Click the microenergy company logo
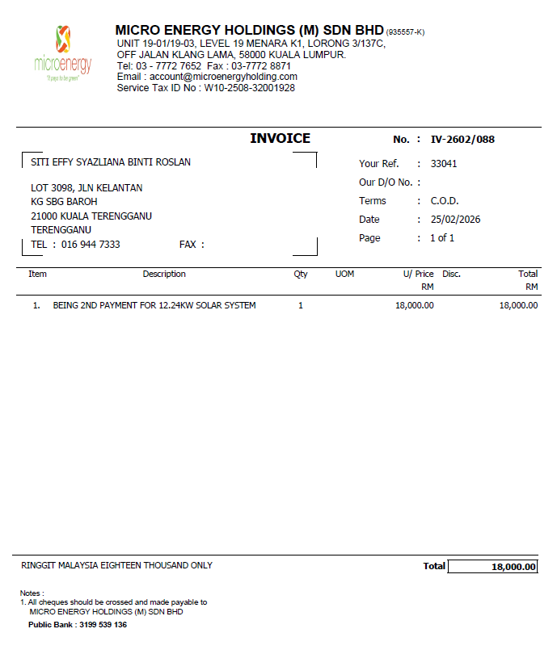(x=63, y=53)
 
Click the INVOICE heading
(x=280, y=139)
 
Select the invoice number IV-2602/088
(x=462, y=140)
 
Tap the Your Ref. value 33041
(x=444, y=164)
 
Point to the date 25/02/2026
(x=455, y=220)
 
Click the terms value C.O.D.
(x=445, y=201)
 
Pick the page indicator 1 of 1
(x=442, y=238)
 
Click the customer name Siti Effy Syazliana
(x=111, y=162)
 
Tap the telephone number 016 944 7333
(x=91, y=245)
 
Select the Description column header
(x=164, y=275)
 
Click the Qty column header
(x=301, y=275)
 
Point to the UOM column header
(x=344, y=275)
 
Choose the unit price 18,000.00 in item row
(x=415, y=306)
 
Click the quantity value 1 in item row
(x=301, y=306)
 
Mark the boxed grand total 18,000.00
(x=493, y=567)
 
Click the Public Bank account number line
(x=78, y=625)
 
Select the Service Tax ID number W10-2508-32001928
(x=249, y=88)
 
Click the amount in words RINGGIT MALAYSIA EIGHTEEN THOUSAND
(x=116, y=566)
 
